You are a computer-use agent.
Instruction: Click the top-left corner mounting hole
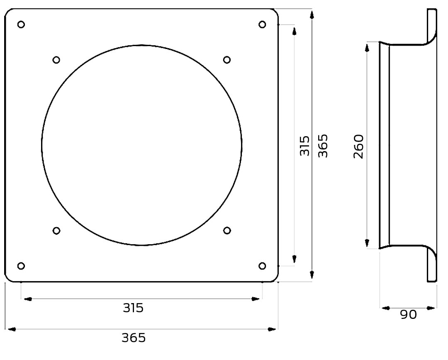click(x=21, y=24)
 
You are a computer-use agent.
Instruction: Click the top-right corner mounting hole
click(x=262, y=24)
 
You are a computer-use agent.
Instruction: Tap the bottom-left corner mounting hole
click(x=21, y=266)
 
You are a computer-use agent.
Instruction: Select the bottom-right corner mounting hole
click(x=262, y=266)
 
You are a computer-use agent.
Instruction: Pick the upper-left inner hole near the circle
click(x=56, y=60)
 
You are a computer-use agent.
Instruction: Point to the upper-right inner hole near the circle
click(x=227, y=60)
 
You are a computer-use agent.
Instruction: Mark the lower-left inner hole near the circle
click(x=56, y=230)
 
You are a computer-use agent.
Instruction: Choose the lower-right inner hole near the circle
click(x=227, y=230)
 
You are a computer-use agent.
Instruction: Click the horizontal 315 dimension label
click(x=133, y=308)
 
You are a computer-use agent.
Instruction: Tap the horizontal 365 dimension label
click(x=134, y=338)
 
